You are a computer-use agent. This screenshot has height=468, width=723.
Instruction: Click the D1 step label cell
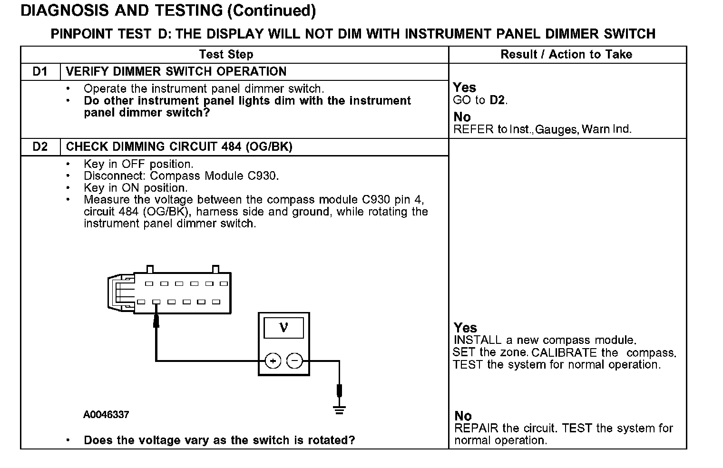click(40, 72)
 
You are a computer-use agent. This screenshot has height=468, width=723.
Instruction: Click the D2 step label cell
click(40, 147)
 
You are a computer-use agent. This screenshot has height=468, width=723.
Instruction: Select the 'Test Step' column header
click(226, 55)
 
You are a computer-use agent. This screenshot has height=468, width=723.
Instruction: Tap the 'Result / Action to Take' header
click(566, 55)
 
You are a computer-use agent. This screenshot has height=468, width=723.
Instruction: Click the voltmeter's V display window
click(284, 328)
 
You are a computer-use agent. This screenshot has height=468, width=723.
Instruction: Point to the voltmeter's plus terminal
click(273, 361)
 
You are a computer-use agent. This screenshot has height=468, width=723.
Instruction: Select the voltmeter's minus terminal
click(295, 361)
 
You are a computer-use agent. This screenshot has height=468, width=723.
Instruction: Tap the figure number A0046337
click(106, 415)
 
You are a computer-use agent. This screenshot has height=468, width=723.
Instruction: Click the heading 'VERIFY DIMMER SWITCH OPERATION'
click(176, 72)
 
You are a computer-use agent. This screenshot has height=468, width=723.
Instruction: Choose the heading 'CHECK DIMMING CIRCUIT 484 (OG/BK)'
click(179, 147)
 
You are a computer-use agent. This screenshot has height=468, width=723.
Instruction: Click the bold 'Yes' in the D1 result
click(464, 88)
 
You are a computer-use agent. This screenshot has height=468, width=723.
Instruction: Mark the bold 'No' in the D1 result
click(462, 117)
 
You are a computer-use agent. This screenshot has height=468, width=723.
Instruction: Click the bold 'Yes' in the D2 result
click(465, 328)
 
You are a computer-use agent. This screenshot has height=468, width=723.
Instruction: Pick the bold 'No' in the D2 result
click(463, 416)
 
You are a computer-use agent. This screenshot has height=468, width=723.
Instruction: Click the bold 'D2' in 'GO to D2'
click(498, 100)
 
